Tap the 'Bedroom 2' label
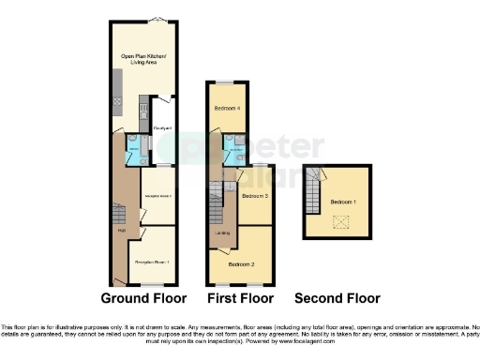pos(242,265)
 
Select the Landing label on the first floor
pos(222,232)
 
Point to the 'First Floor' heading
pos(240,298)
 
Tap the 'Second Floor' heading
pos(337,298)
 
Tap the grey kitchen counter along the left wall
pos(113,94)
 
